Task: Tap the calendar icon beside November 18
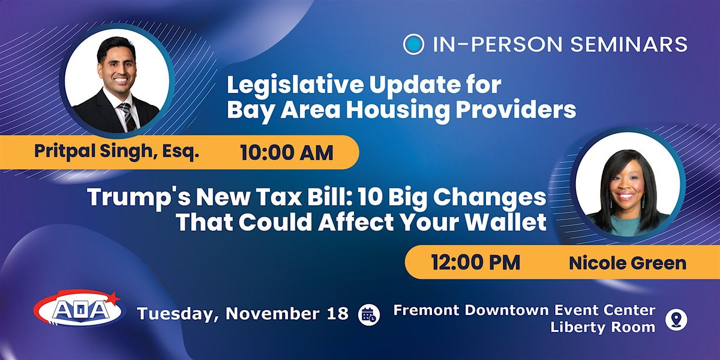tap(368, 314)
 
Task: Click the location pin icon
tap(676, 319)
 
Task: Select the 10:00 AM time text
tap(287, 152)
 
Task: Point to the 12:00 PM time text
tap(475, 263)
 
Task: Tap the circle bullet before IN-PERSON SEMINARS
tap(413, 44)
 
